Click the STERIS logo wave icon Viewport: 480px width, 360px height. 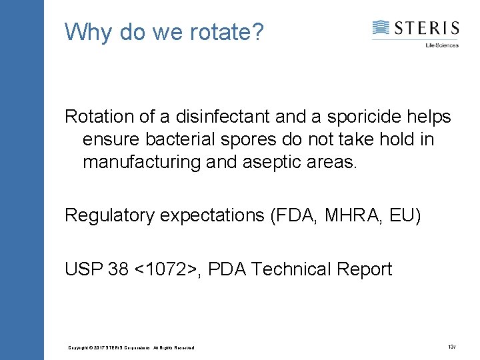381,28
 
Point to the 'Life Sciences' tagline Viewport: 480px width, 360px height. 442,45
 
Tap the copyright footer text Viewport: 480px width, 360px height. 131,347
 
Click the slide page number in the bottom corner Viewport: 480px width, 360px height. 451,347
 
